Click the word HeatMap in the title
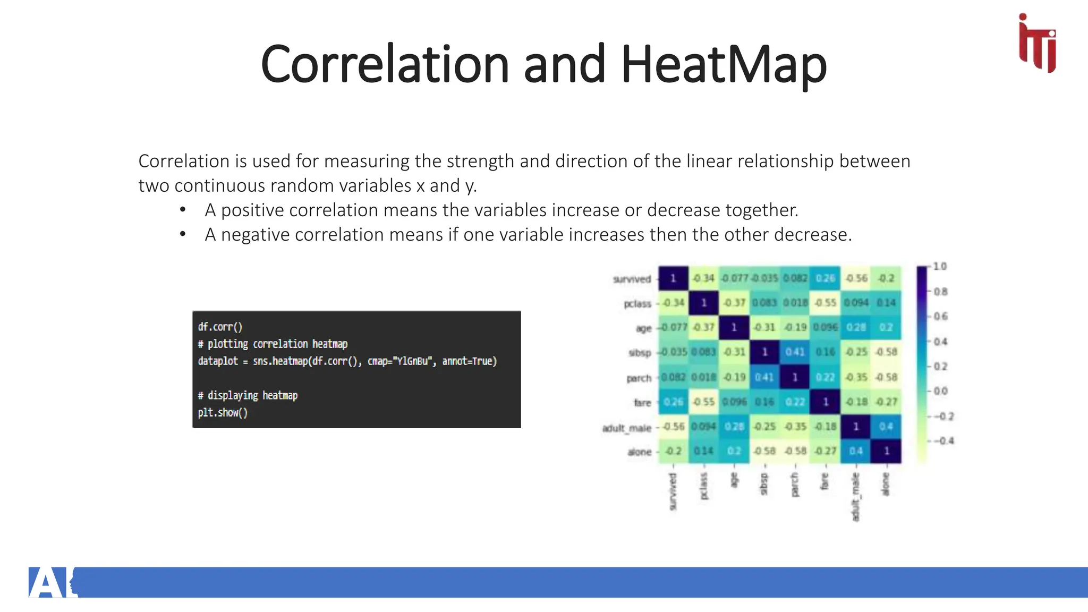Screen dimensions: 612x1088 click(724, 65)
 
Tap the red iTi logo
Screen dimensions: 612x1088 click(1037, 44)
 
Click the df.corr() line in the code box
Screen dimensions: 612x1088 click(220, 327)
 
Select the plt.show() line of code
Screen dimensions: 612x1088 click(223, 413)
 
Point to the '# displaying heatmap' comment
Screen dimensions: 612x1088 click(248, 395)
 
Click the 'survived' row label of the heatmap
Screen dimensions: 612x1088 click(632, 279)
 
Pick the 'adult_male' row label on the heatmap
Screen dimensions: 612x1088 click(626, 428)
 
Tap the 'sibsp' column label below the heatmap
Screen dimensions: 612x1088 click(764, 484)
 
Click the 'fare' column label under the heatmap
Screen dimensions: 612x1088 click(824, 481)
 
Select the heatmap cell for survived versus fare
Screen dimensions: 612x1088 click(825, 278)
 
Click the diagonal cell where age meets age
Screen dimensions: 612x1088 click(734, 327)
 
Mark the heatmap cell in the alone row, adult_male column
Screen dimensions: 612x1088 click(855, 451)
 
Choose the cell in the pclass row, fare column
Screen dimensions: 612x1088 click(825, 302)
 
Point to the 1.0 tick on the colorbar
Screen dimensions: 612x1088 click(940, 266)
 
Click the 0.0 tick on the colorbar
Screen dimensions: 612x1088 click(940, 391)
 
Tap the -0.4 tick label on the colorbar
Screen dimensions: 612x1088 click(943, 441)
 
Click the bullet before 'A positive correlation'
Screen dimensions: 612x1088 click(183, 210)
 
